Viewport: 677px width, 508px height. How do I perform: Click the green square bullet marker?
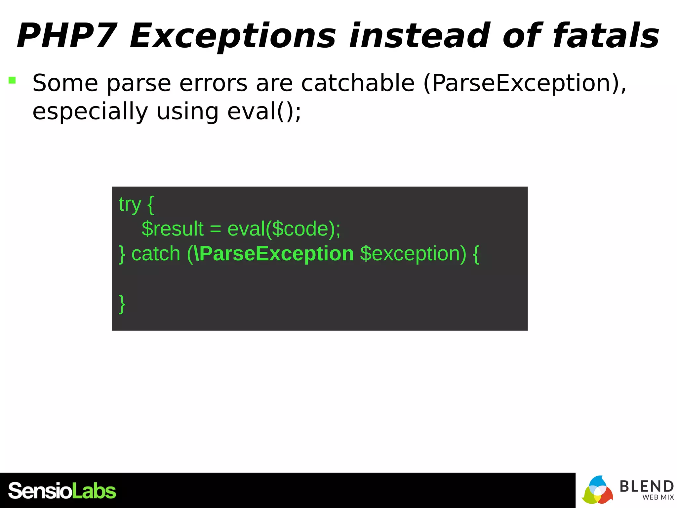(12, 80)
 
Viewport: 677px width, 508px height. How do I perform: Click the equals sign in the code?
(215, 229)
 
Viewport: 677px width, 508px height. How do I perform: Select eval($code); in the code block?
(284, 229)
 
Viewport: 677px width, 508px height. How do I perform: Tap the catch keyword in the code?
(156, 254)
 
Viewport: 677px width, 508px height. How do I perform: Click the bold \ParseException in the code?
(274, 254)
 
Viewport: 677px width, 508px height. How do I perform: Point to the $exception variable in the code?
(413, 254)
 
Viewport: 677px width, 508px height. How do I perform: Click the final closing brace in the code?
(122, 303)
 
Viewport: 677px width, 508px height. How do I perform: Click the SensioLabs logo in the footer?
(62, 491)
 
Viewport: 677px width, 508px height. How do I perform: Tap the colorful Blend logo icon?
(597, 490)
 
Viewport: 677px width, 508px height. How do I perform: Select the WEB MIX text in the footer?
(658, 497)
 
